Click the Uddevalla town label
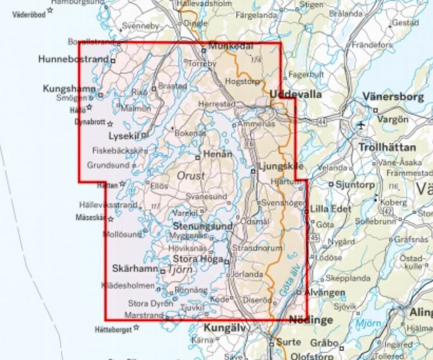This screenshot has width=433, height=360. coord(296,94)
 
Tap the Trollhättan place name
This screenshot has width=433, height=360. coord(387,147)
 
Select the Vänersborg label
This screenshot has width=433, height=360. coord(394,97)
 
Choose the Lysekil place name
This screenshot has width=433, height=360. coord(124,136)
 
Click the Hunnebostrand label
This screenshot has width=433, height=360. coord(74,59)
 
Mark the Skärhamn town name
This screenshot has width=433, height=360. coord(135,269)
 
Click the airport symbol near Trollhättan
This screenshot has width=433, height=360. coord(361,125)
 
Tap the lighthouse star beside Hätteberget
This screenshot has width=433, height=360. coord(136,327)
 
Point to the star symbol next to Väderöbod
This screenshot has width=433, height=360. coord(50,10)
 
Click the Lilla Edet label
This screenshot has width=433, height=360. coord(330,208)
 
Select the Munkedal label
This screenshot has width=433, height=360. coord(230,46)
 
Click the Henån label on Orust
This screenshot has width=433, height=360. coord(216,154)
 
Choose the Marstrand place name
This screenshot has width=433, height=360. coord(144,314)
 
